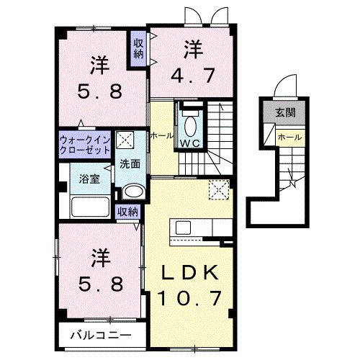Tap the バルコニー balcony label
(x=101, y=336)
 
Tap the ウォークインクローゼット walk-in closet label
(x=85, y=145)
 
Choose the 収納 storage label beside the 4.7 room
(x=138, y=49)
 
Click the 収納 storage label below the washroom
(x=127, y=212)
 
